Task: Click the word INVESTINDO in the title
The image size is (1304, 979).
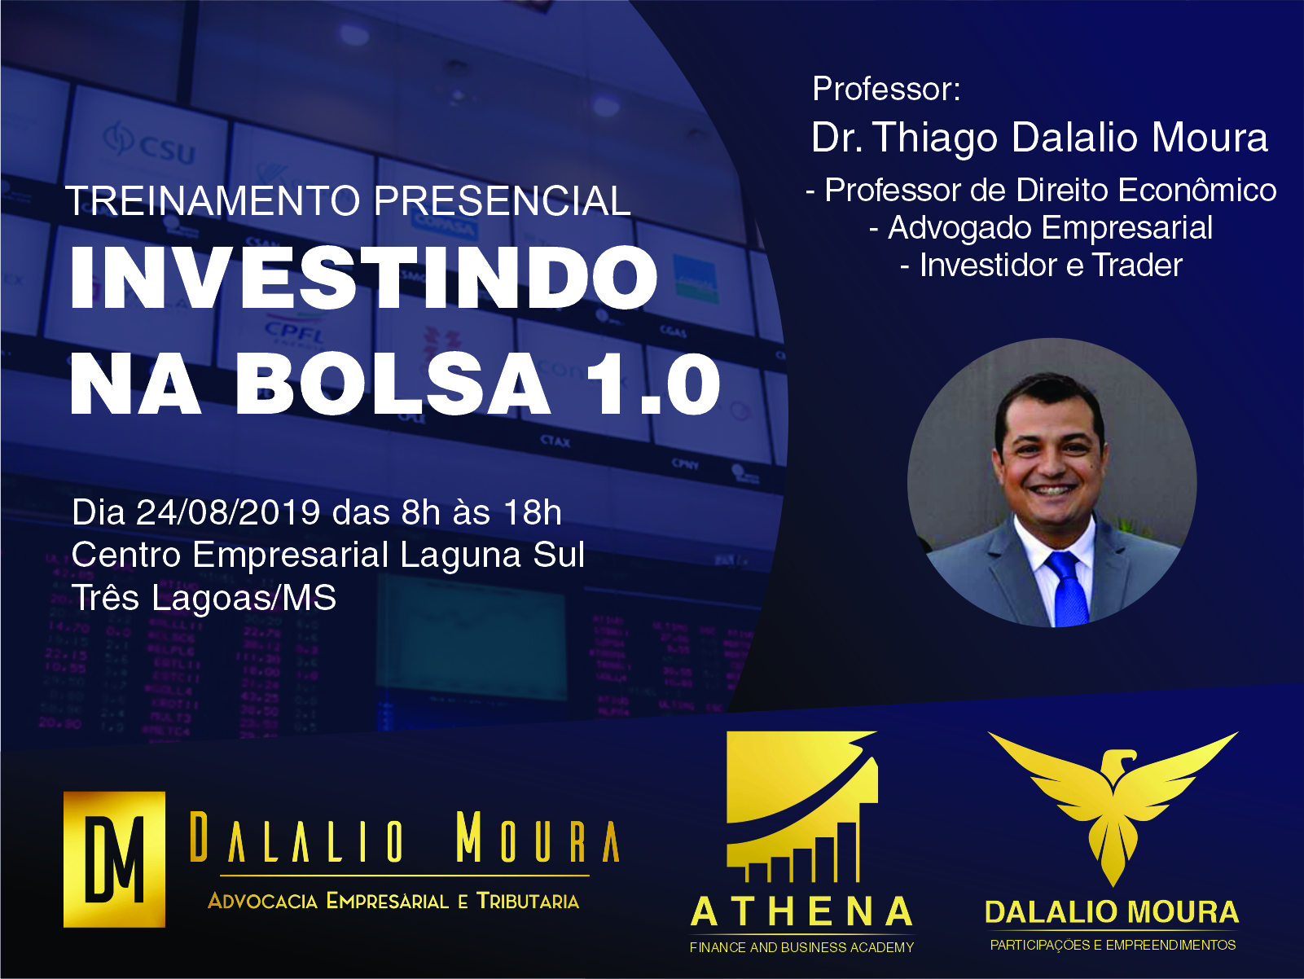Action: [x=363, y=278]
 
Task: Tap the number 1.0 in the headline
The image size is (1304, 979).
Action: [x=652, y=384]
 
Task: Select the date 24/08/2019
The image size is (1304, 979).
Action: [x=228, y=512]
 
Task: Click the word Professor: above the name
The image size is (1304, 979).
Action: [x=886, y=89]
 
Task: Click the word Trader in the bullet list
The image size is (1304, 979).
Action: [x=1138, y=265]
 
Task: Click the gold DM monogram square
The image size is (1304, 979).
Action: [x=114, y=859]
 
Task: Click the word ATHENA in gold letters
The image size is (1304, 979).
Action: [x=801, y=912]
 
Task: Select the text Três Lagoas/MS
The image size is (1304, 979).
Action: [x=204, y=598]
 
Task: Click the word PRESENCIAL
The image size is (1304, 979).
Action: [x=502, y=201]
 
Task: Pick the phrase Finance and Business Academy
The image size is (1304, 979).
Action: [x=801, y=947]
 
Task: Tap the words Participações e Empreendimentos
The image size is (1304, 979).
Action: [x=1113, y=945]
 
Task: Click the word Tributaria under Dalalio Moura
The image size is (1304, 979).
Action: [x=528, y=901]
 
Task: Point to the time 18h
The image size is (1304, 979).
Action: [x=533, y=512]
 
